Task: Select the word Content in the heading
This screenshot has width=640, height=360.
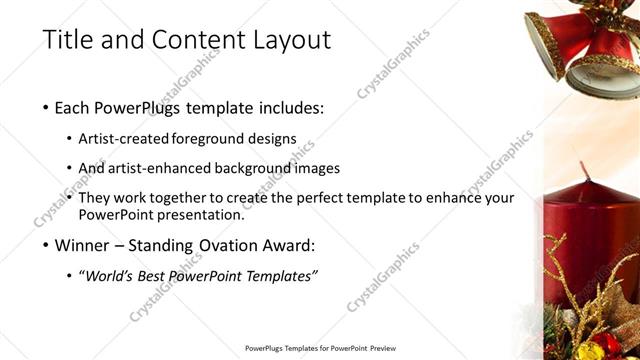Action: pyautogui.click(x=195, y=40)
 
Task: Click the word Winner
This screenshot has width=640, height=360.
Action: pyautogui.click(x=85, y=245)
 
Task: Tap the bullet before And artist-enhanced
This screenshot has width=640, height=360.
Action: pyautogui.click(x=69, y=168)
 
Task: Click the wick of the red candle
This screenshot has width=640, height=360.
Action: pyautogui.click(x=583, y=172)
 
